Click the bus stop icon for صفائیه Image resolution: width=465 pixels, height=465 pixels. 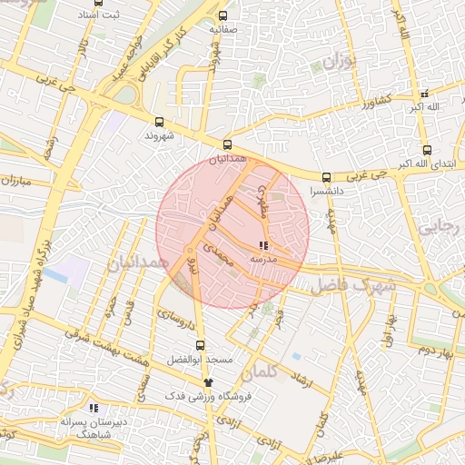click(x=223, y=15)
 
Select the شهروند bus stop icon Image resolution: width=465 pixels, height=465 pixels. click(x=160, y=122)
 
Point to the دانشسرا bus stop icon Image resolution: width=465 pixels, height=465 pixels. click(x=325, y=177)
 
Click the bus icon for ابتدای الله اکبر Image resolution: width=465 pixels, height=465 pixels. click(x=427, y=151)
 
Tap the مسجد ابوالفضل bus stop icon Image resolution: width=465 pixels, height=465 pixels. click(x=201, y=345)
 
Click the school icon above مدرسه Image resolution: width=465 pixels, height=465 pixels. click(x=263, y=246)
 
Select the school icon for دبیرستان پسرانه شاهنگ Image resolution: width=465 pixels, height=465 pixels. click(x=94, y=409)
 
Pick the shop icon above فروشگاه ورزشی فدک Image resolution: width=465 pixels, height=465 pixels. click(x=209, y=382)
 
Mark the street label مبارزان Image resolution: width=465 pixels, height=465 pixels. click(x=15, y=180)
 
